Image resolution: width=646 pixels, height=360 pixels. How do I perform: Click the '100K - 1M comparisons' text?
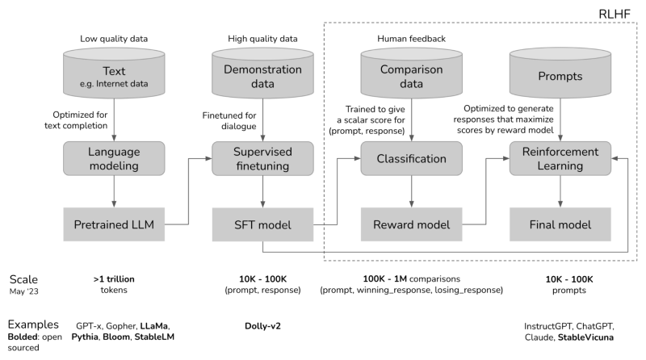tap(412, 278)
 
